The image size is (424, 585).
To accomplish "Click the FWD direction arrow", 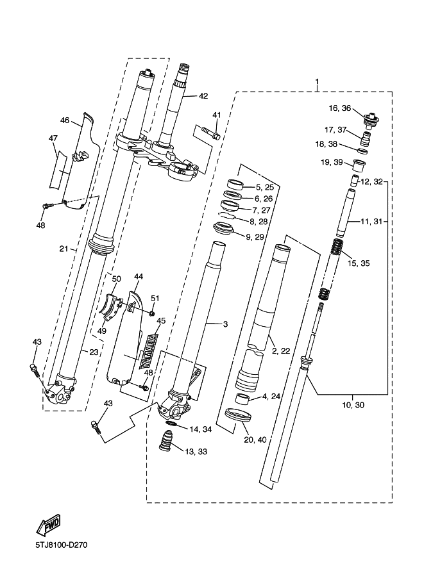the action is (48, 526).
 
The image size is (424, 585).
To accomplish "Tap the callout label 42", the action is (203, 96).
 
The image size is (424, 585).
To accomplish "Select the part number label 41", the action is (217, 115).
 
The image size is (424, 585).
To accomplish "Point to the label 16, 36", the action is (339, 108).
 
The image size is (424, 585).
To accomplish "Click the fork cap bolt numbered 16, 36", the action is (371, 119).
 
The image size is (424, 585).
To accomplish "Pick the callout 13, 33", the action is (196, 452).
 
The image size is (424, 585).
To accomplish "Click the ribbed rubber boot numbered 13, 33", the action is (167, 443).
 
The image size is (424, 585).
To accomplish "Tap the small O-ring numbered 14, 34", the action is (171, 424).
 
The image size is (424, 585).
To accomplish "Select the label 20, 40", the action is (255, 440).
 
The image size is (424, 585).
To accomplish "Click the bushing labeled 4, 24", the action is (243, 399).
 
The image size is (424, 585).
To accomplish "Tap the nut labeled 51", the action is (153, 312).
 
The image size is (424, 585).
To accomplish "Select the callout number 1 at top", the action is (317, 82).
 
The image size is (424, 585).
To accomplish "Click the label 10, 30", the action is (353, 405).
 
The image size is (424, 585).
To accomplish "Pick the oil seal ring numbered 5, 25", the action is (235, 185).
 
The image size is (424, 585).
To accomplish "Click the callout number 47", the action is (53, 138).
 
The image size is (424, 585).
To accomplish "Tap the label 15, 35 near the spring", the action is (359, 263).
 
